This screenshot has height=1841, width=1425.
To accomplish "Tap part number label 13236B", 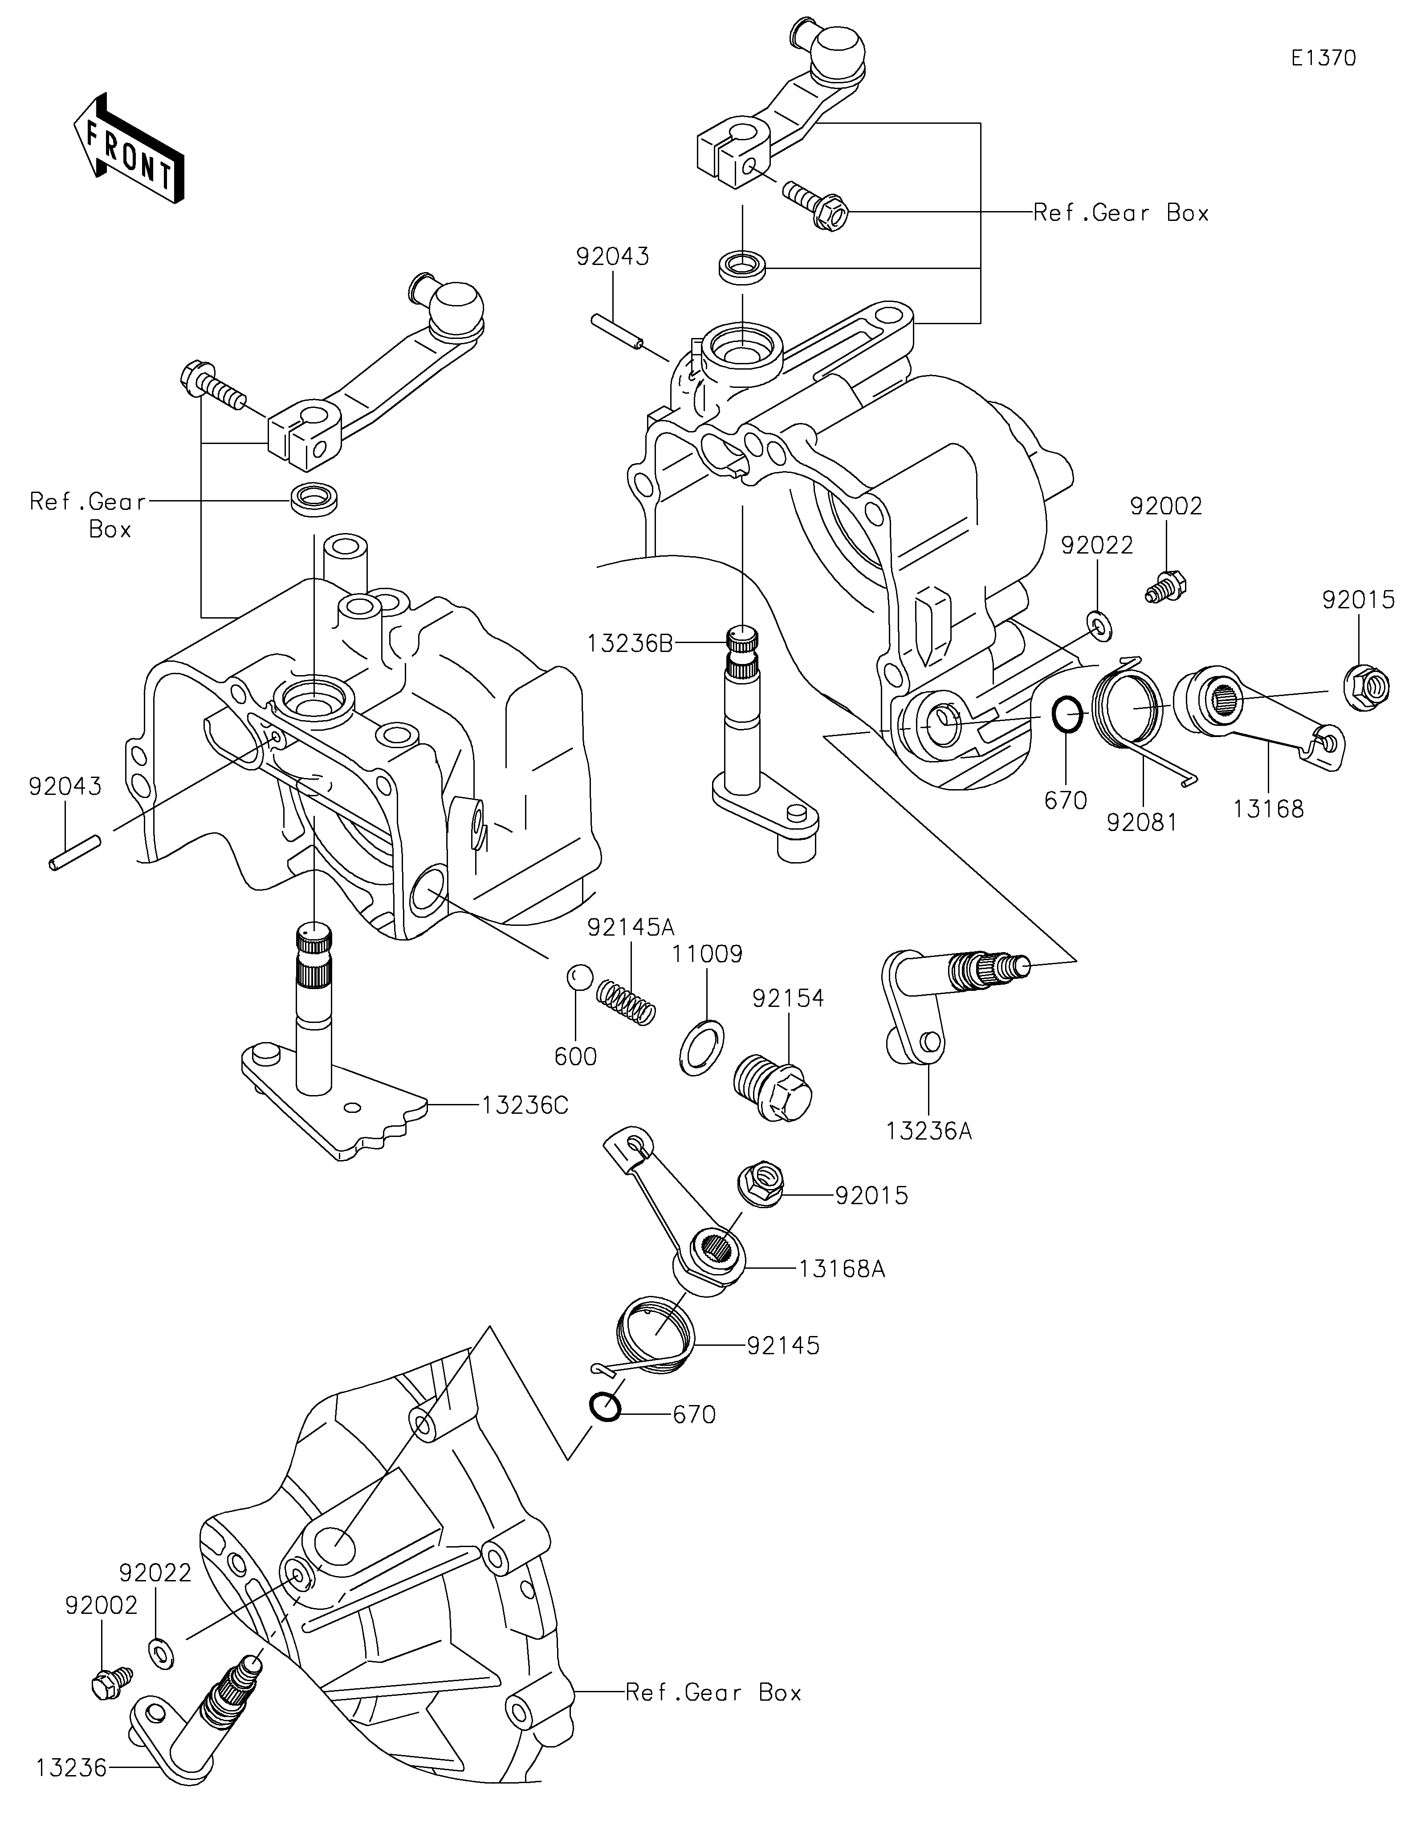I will pyautogui.click(x=630, y=643).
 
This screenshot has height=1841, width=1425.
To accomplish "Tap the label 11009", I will pyautogui.click(x=707, y=954).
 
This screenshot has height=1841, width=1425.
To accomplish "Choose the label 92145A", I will pyautogui.click(x=631, y=927).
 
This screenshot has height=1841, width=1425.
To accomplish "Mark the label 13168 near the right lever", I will pyautogui.click(x=1268, y=809).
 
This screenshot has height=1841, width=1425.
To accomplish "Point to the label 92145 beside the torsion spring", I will pyautogui.click(x=783, y=1345).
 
